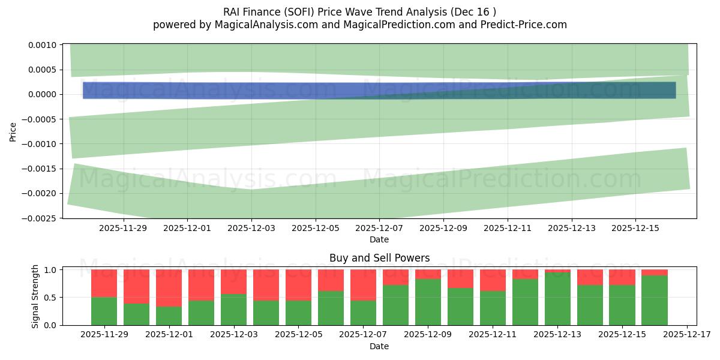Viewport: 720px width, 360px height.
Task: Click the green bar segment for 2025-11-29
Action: [x=104, y=311]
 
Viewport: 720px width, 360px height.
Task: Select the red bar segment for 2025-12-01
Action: [x=169, y=288]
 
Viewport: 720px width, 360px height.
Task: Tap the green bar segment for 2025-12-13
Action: [x=557, y=299]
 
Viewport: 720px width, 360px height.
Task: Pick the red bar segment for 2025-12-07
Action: [x=363, y=284]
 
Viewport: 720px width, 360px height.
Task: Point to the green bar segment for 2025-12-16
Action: [x=655, y=300]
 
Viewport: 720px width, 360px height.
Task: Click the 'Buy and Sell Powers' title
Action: [x=379, y=259]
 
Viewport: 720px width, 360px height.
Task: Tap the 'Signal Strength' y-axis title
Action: [x=35, y=296]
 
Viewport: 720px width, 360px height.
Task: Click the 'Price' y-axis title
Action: [x=13, y=131]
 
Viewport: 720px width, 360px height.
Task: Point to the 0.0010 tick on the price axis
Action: [x=42, y=45]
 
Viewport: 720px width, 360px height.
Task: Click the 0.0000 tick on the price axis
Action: [x=42, y=95]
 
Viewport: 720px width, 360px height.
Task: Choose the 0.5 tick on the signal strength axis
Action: [x=50, y=298]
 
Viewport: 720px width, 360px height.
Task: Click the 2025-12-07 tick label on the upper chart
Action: [x=379, y=228]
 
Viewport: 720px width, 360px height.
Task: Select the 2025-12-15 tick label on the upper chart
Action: [x=635, y=228]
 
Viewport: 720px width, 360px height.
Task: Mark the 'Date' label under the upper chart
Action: [x=379, y=239]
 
